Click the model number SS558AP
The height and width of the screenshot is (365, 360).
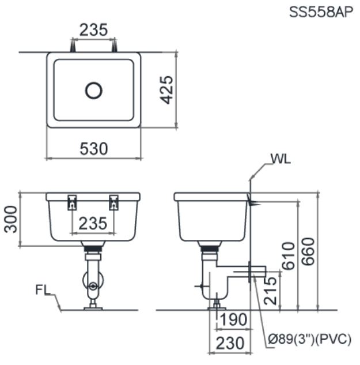pos(320,12)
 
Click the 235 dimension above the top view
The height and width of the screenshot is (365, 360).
pos(93,30)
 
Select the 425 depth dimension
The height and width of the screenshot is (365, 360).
pos(166,90)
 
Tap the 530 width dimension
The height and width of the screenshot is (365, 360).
pos(93,149)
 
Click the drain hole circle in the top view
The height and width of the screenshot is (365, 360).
pos(93,90)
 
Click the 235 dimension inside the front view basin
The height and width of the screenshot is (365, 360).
pos(93,223)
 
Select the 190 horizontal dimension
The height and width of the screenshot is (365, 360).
pos(233,319)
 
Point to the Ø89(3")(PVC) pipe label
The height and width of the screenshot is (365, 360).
pos(309,339)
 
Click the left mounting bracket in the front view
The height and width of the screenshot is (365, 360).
pos(72,202)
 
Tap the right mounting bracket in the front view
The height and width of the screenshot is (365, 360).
pos(114,202)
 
